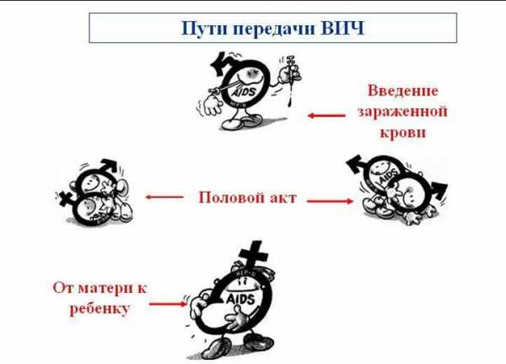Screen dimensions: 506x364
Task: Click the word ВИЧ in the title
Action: (343, 28)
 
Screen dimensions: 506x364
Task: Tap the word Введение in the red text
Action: (403, 91)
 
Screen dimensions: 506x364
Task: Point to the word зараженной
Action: (402, 111)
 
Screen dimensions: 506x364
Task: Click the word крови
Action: (403, 133)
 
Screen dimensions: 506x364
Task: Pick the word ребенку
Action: (100, 308)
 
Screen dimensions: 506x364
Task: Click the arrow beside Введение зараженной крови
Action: (326, 116)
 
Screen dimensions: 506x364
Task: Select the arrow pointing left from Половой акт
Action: (164, 197)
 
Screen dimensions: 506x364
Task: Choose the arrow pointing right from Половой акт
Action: (330, 201)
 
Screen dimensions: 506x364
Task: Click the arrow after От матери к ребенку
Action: (168, 304)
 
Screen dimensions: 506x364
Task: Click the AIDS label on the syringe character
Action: (245, 92)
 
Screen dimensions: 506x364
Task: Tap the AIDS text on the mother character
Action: (240, 299)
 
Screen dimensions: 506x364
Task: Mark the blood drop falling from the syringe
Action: (289, 102)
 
